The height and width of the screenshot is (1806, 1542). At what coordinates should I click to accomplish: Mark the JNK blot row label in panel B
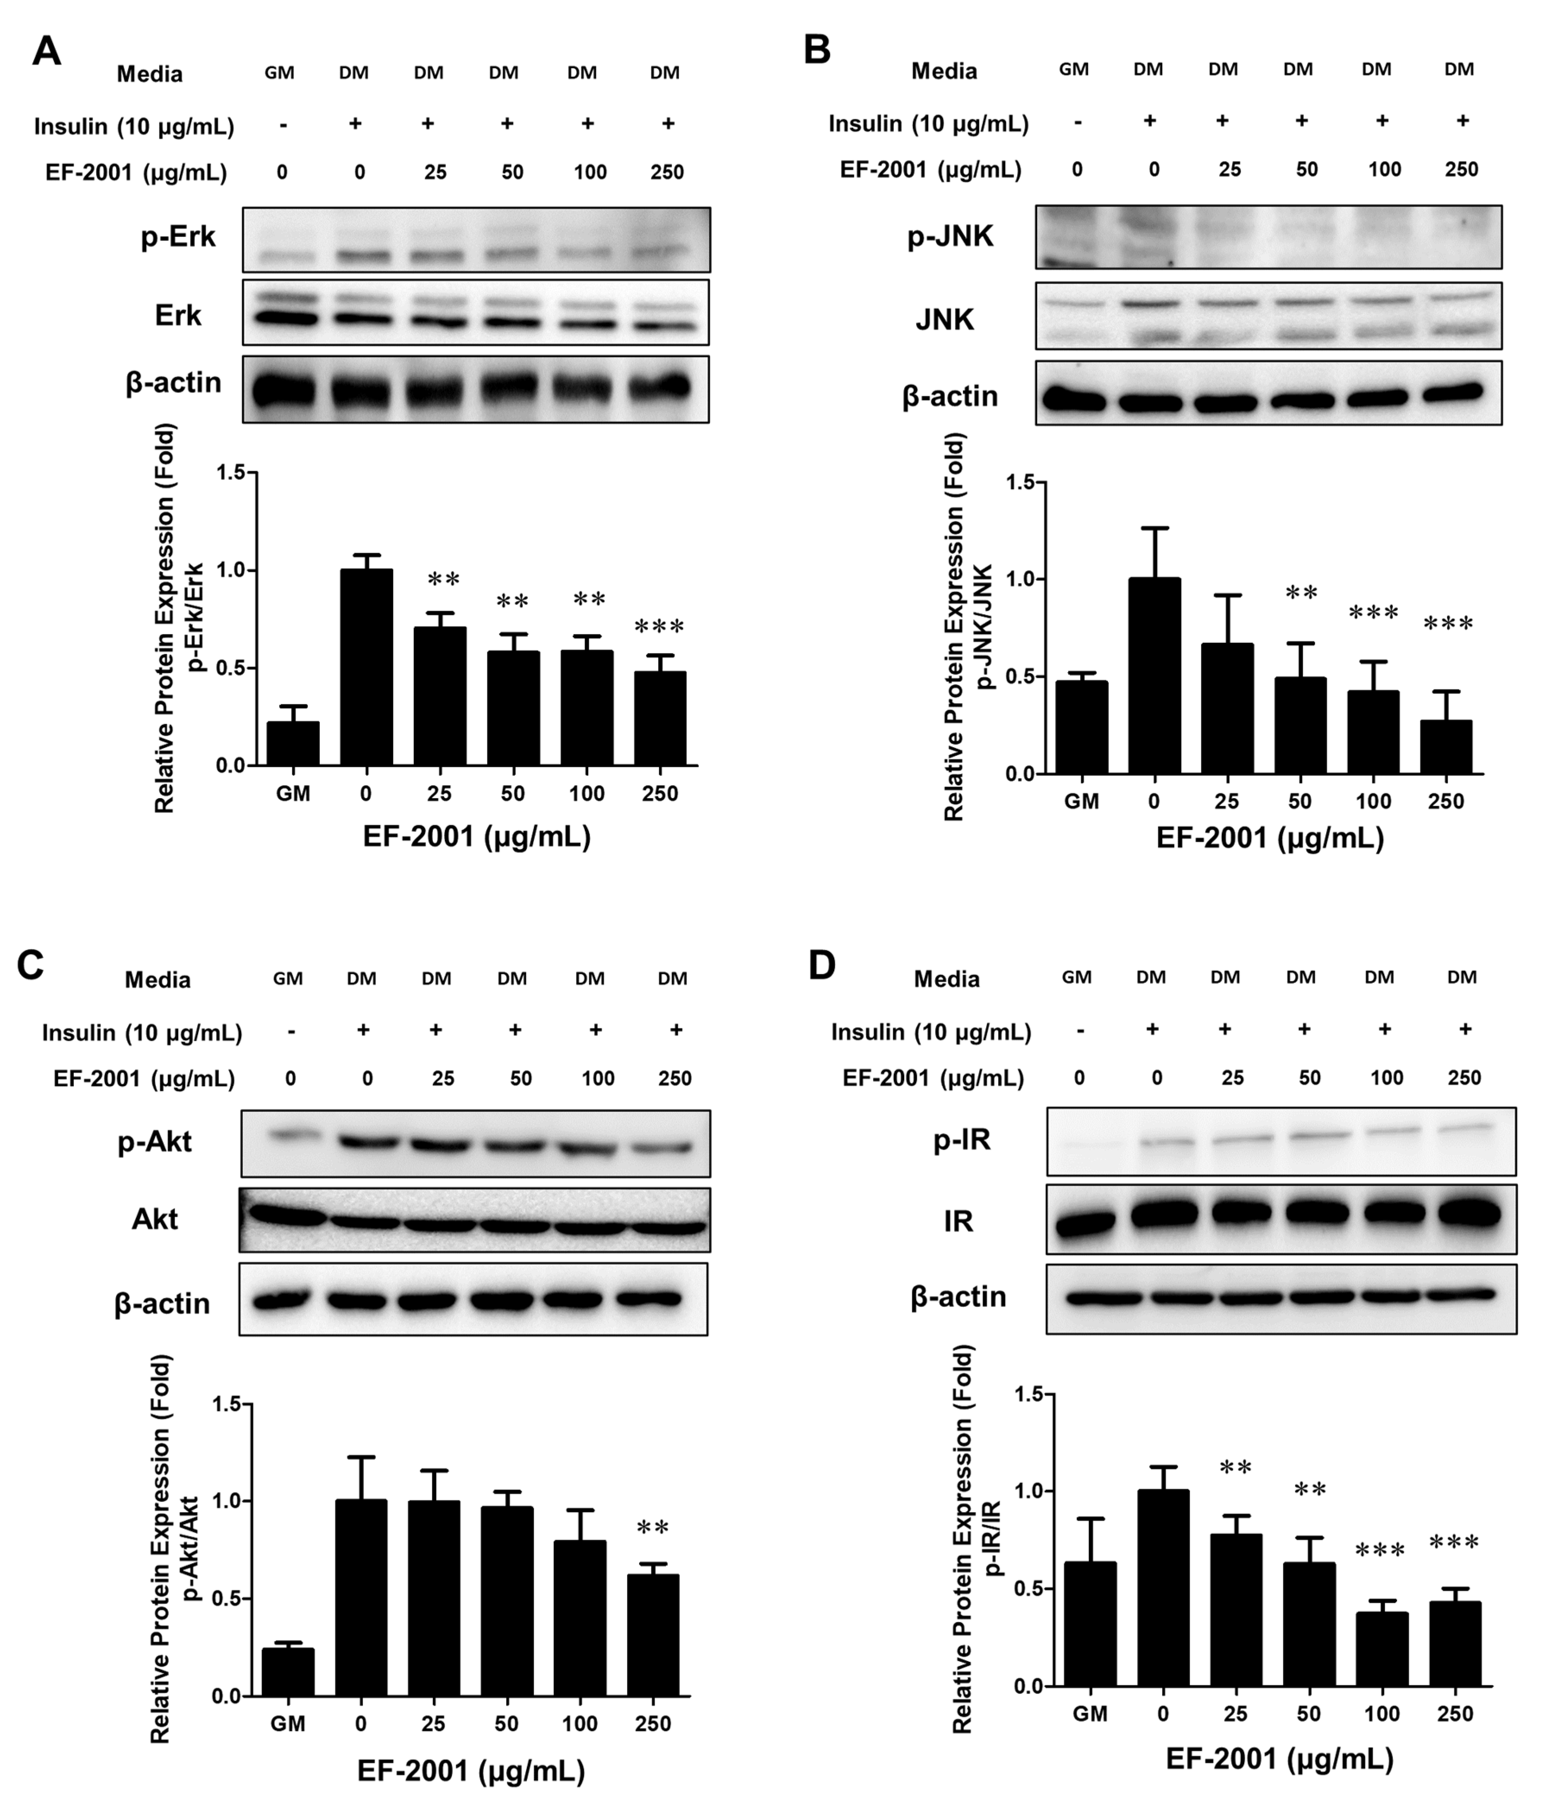tap(945, 320)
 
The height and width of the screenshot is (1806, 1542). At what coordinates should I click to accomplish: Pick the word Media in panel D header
tap(946, 979)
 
